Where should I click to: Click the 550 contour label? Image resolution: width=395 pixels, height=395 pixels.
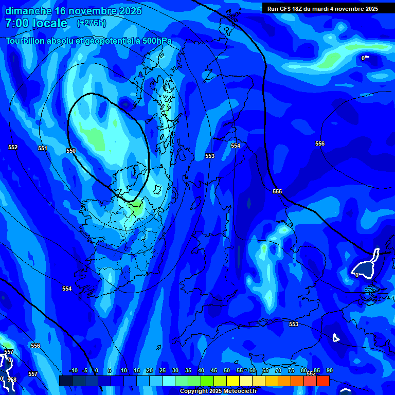click(71, 151)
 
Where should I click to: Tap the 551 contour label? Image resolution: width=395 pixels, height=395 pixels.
click(43, 148)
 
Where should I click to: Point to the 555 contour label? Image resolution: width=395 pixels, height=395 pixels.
click(277, 191)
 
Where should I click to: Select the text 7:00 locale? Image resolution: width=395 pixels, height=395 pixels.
click(36, 23)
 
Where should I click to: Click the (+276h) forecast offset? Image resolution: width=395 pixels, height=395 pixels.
click(91, 23)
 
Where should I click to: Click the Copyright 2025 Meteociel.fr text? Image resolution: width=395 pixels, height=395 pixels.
click(218, 391)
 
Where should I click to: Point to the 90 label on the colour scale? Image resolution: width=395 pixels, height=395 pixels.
click(329, 370)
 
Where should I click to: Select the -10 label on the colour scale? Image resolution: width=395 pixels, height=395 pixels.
click(73, 370)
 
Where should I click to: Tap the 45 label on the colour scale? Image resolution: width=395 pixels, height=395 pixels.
click(213, 370)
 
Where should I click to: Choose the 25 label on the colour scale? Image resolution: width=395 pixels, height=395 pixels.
click(162, 370)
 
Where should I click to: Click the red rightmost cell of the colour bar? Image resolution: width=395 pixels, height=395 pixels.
click(323, 381)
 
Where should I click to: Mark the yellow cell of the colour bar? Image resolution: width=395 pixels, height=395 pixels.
click(233, 381)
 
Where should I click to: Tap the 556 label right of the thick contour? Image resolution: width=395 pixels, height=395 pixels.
click(320, 143)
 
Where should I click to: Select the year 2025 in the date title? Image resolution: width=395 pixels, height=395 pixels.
click(129, 11)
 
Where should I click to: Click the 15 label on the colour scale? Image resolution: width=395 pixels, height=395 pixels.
click(136, 370)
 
